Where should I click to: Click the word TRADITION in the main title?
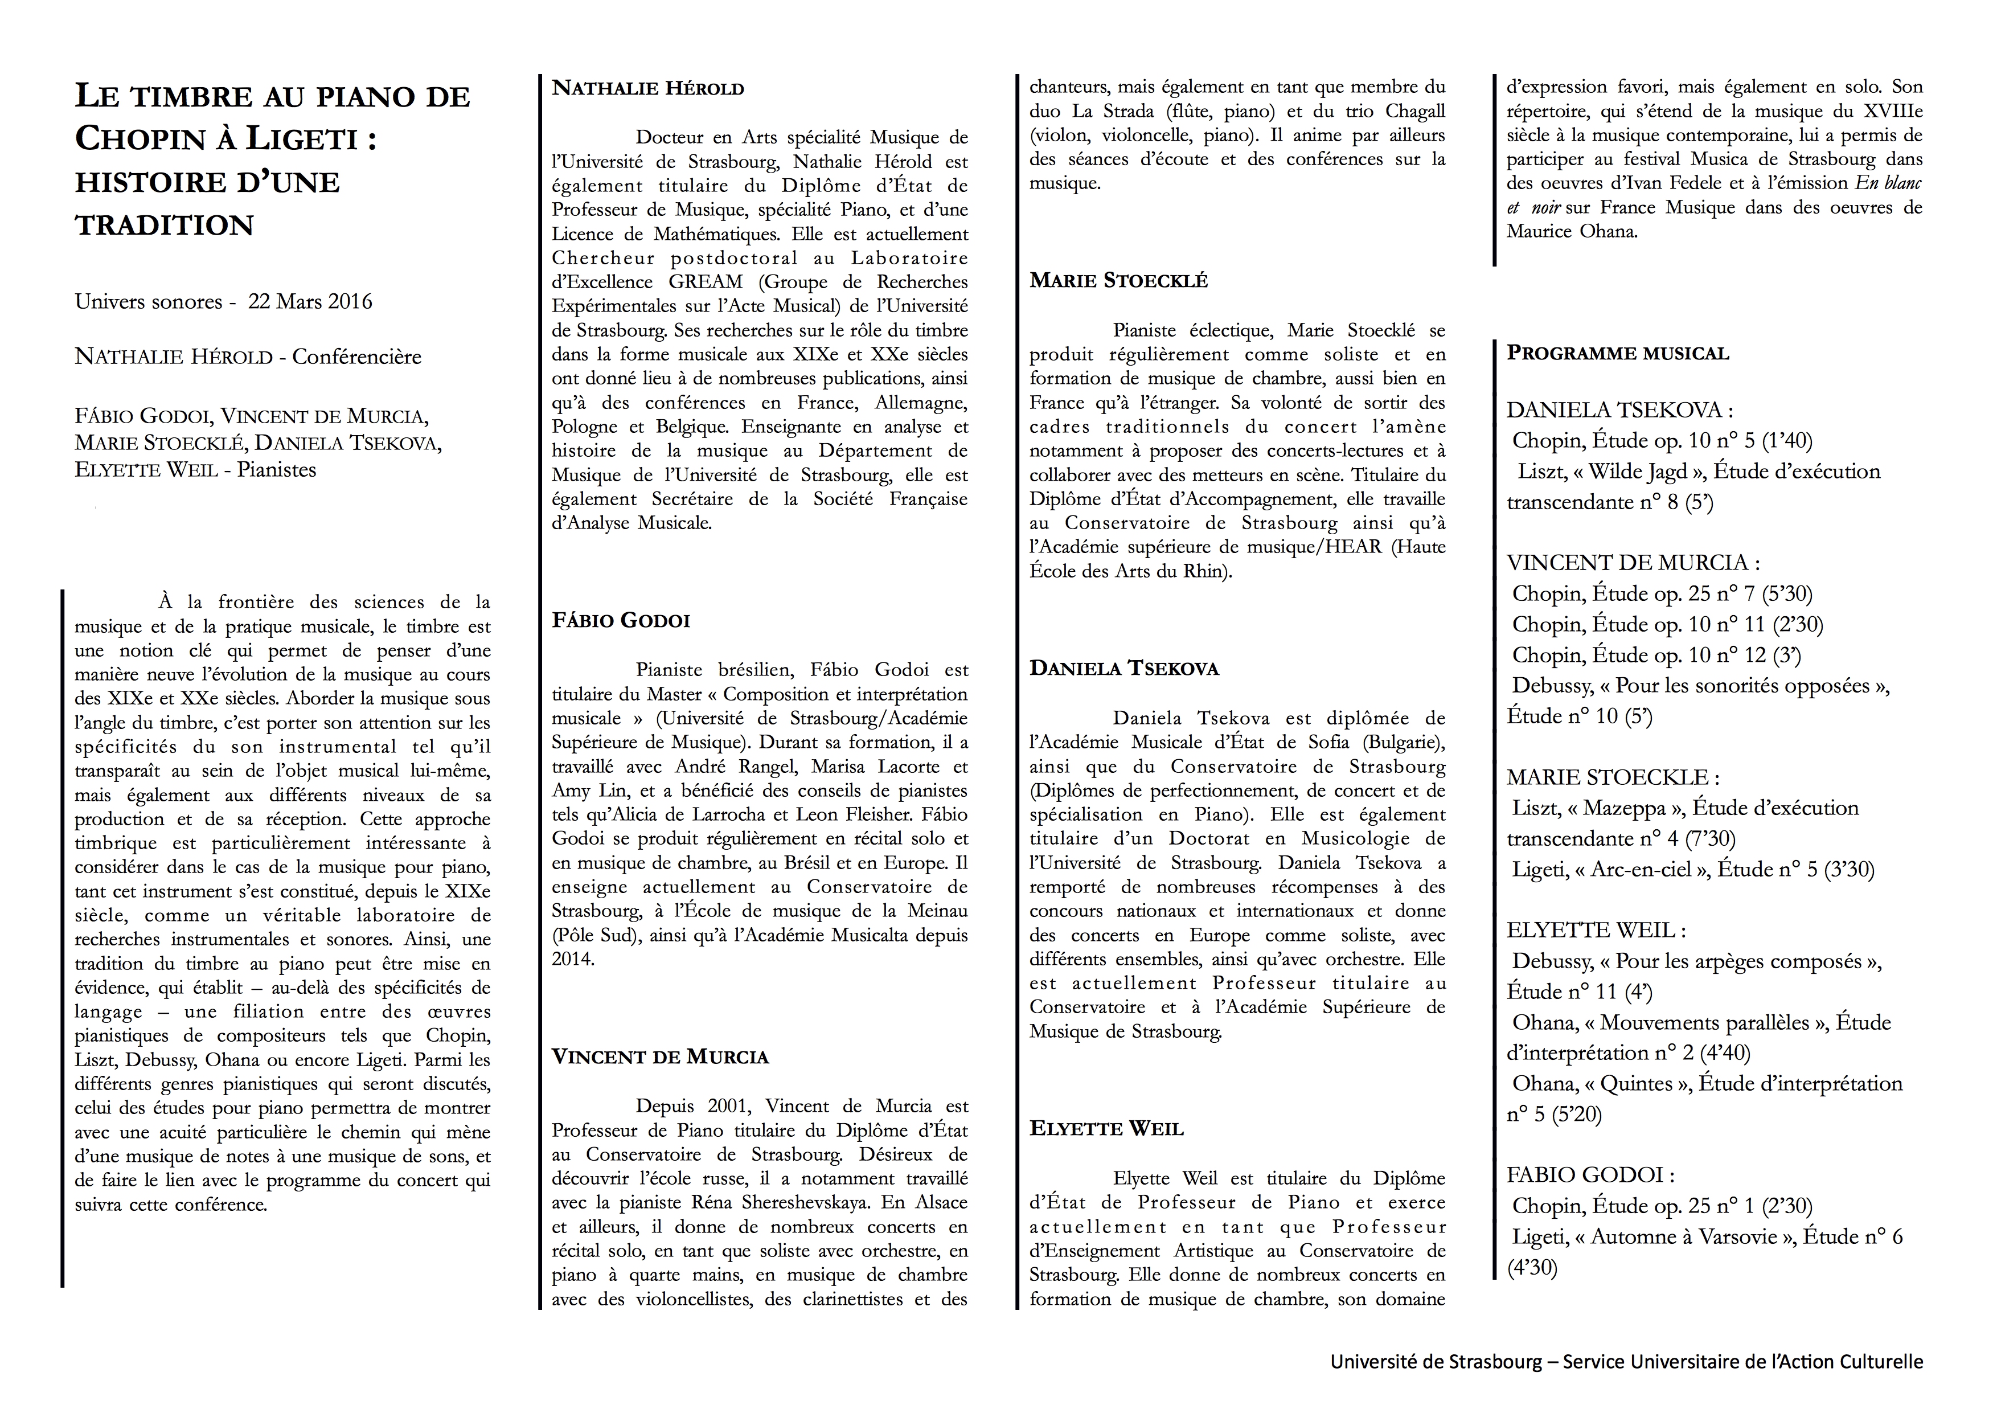click(165, 226)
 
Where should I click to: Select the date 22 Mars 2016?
click(310, 302)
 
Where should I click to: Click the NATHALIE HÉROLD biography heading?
click(648, 89)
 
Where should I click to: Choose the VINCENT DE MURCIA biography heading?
click(660, 1057)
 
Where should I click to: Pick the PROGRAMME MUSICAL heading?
click(1618, 353)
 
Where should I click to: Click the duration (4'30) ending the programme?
click(1532, 1268)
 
